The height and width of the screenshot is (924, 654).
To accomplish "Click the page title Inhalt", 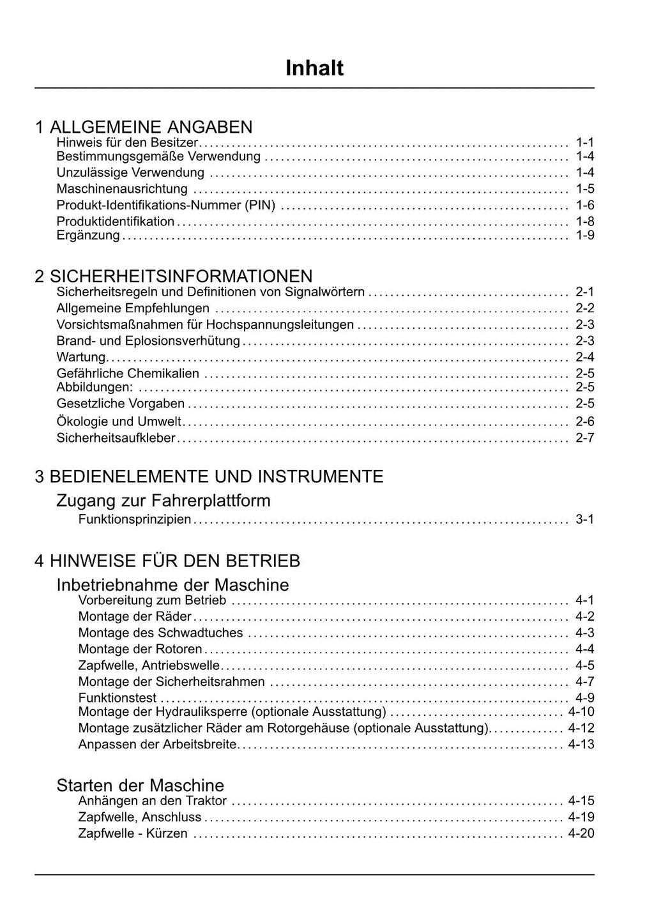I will [x=314, y=68].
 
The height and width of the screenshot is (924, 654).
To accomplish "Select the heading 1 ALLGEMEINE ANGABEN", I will [x=144, y=126].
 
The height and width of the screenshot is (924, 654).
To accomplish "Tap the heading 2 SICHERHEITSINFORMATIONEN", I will [x=174, y=276].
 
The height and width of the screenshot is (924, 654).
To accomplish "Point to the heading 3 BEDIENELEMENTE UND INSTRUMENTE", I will [x=209, y=476].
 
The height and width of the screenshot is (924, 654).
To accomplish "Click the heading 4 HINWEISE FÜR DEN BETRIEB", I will [x=167, y=561].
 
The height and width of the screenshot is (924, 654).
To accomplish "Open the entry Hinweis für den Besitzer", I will [x=127, y=142].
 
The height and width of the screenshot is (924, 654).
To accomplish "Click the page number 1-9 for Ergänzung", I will [x=584, y=235].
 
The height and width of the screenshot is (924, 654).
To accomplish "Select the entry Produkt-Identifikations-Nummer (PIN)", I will [x=166, y=205].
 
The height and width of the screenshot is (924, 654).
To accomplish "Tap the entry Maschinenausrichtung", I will [x=122, y=188].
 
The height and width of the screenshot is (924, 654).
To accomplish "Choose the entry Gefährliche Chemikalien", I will [x=128, y=373].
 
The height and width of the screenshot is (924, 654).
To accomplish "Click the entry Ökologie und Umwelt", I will [x=119, y=421].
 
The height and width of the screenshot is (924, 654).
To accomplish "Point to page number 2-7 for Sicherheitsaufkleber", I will [x=584, y=438].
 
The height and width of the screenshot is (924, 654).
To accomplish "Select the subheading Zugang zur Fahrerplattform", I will [x=163, y=500].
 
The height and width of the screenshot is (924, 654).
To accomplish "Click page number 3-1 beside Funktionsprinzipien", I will [x=584, y=519].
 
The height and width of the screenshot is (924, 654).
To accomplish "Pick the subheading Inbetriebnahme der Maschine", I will [x=172, y=584].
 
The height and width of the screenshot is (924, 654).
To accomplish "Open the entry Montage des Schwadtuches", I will [x=160, y=633].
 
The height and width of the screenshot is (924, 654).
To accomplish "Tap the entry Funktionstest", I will [x=117, y=698].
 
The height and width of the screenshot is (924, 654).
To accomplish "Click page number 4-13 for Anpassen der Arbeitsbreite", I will [x=581, y=744].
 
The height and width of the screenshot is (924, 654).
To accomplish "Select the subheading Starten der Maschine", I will [x=141, y=785].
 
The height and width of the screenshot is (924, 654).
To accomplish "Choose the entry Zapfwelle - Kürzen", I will [x=133, y=833].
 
